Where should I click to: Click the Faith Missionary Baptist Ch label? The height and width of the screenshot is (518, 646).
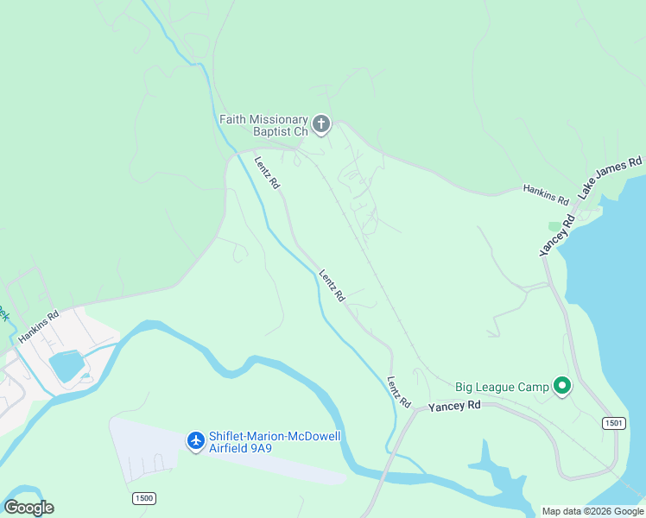tap(263, 125)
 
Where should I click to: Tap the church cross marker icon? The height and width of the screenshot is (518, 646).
tap(321, 125)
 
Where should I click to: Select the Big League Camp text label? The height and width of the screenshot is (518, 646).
tap(502, 387)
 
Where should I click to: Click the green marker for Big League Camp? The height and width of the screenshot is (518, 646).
tap(562, 386)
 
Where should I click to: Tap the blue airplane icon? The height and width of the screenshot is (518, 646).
tap(196, 441)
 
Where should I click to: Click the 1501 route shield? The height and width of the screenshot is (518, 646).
tap(613, 423)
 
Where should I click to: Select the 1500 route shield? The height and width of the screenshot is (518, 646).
tap(144, 498)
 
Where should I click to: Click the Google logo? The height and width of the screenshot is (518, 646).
tap(28, 508)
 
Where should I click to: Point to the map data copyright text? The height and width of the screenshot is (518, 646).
tap(592, 511)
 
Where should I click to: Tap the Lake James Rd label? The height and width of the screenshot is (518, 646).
tap(611, 178)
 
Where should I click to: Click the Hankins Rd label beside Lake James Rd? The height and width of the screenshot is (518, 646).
tap(546, 194)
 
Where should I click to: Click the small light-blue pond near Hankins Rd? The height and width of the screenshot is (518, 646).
tap(66, 366)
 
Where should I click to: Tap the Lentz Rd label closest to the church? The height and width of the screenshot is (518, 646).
tap(267, 172)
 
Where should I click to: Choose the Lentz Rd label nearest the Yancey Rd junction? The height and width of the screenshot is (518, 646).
tap(398, 393)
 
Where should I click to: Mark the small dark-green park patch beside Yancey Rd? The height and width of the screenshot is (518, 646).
tap(554, 226)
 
